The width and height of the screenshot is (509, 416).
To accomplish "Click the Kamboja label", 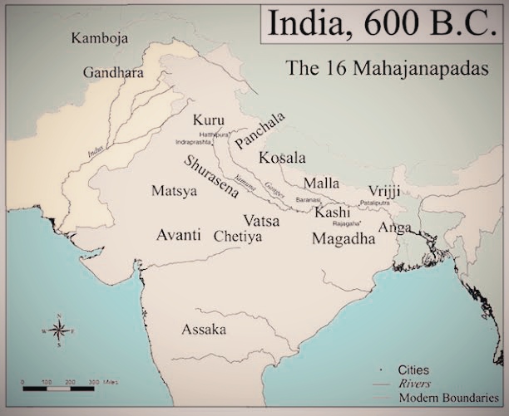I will click(x=98, y=38).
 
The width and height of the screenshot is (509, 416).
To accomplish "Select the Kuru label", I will click(x=208, y=120).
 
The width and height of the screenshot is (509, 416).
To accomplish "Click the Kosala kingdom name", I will click(x=282, y=158).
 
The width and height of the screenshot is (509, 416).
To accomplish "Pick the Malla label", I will click(x=322, y=183).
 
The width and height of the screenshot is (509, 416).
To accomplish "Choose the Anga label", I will click(x=394, y=227).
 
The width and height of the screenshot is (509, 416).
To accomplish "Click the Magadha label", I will click(x=343, y=238).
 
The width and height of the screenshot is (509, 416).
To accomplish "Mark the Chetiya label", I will click(x=238, y=237).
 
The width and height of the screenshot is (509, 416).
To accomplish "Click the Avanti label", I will click(x=179, y=234).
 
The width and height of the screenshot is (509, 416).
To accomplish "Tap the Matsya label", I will click(x=175, y=191).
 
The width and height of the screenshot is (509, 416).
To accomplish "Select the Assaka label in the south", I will click(x=204, y=329).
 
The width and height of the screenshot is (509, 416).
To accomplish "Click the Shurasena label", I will click(x=212, y=175).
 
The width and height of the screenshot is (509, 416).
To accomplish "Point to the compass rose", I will click(x=59, y=331).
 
